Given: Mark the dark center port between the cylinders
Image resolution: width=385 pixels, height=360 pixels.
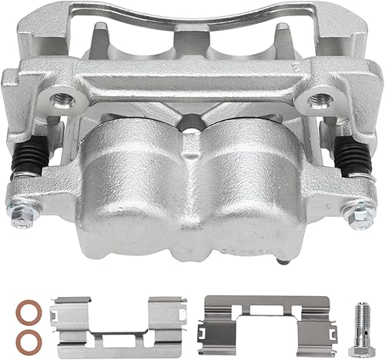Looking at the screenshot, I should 189,123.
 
